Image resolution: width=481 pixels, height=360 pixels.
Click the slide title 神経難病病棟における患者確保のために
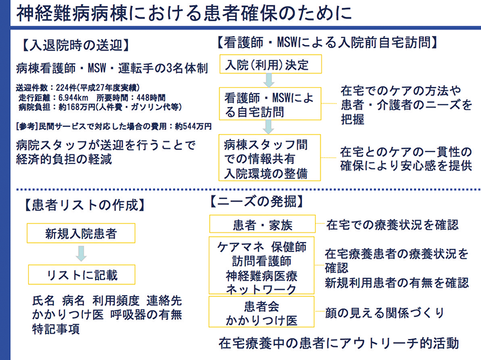pos(184,14)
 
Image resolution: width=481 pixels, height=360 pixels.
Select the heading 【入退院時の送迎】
pos(76,46)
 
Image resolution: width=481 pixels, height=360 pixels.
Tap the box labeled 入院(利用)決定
pos(271,64)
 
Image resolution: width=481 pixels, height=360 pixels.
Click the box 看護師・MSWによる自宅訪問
pos(270,103)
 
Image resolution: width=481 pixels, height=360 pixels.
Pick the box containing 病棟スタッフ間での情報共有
pos(269,157)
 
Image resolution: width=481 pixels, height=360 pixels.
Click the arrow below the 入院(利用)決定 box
pos(269,81)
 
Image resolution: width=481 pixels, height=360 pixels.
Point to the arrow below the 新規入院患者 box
pos(81,254)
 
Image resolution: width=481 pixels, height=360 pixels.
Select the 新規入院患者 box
pos(81,233)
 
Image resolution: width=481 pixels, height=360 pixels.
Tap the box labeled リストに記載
pos(82,275)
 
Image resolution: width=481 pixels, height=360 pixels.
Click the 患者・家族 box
pos(262,224)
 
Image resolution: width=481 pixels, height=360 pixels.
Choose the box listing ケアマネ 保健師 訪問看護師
pos(262,266)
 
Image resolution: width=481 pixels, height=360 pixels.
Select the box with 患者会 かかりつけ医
pos(262,311)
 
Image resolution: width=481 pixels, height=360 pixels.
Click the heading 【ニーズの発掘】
pos(257,202)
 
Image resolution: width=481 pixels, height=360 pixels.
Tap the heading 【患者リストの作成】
pos(85,205)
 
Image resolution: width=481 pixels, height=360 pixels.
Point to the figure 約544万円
pos(193,126)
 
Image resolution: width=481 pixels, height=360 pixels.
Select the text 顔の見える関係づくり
pos(385,313)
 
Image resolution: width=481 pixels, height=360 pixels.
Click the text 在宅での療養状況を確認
pos(393,225)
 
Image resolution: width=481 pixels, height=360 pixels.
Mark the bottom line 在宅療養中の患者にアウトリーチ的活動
pos(339,343)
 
